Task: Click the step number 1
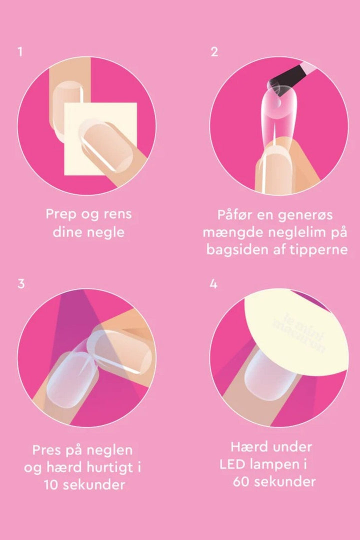tap(20, 51)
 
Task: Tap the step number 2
tap(214, 51)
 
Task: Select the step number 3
tap(21, 284)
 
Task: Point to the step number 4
tap(213, 284)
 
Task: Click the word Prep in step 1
tap(61, 214)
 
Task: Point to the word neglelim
tap(292, 232)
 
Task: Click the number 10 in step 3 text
tap(51, 485)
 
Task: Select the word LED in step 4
tap(232, 464)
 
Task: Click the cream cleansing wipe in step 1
tap(100, 138)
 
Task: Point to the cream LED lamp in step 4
tap(296, 330)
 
